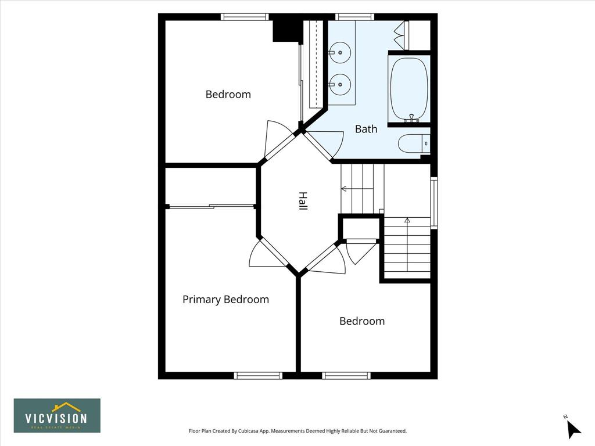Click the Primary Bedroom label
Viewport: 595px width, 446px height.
[226, 300]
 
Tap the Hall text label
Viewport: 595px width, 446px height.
[302, 200]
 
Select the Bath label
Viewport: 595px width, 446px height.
[366, 129]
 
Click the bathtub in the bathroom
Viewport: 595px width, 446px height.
[409, 89]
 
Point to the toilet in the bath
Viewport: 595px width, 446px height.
[414, 144]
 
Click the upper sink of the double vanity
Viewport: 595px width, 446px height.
[339, 52]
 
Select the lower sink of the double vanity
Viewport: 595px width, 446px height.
[339, 84]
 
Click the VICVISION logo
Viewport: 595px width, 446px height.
[58, 415]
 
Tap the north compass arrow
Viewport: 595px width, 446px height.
[573, 429]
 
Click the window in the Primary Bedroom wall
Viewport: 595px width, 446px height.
[258, 376]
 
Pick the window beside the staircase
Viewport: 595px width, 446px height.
[433, 203]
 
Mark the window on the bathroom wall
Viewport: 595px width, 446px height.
[355, 17]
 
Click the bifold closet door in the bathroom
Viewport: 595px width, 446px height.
[400, 35]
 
